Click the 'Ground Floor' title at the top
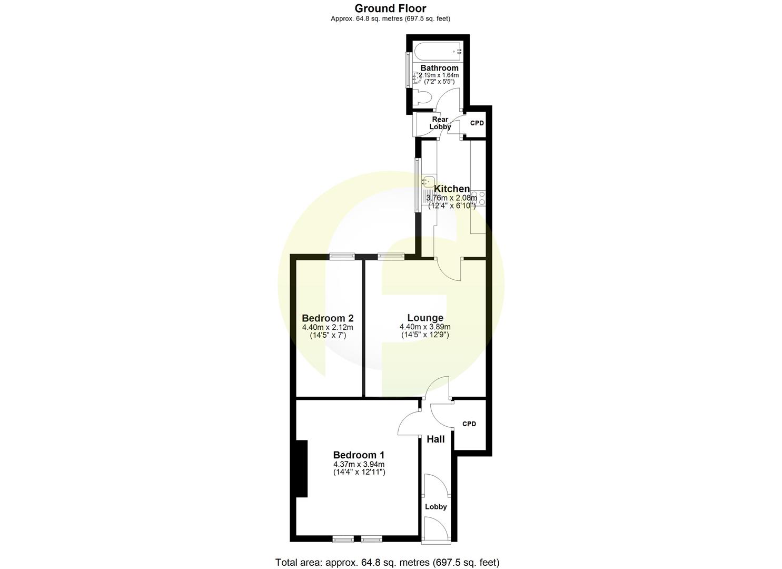[x=390, y=8]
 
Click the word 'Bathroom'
[x=439, y=68]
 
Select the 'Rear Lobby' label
[x=440, y=123]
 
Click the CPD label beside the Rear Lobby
[x=477, y=123]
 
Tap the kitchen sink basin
[x=427, y=182]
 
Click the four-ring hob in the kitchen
[x=478, y=198]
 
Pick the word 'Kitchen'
[x=451, y=189]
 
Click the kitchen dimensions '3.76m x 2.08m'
[x=451, y=198]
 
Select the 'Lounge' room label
[x=425, y=318]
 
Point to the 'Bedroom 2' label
[x=328, y=318]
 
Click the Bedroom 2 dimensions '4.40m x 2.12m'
[x=328, y=327]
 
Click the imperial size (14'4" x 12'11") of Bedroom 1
[x=359, y=472]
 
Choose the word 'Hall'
[x=435, y=439]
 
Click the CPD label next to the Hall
[x=469, y=424]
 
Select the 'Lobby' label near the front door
[x=435, y=507]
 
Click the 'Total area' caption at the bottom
[x=387, y=562]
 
